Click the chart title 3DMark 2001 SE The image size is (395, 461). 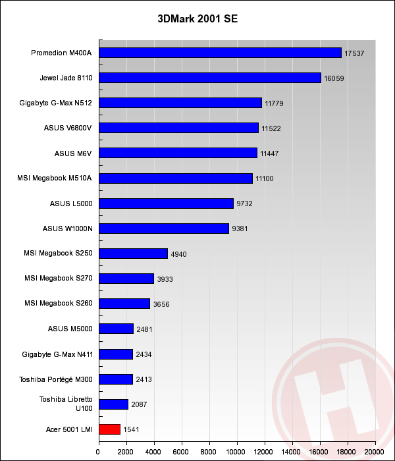click(197, 18)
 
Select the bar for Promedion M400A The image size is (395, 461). click(219, 53)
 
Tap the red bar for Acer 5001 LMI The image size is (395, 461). click(109, 429)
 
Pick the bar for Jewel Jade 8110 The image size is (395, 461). click(209, 78)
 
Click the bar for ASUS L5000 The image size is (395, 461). click(166, 203)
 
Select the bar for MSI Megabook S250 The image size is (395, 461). click(133, 254)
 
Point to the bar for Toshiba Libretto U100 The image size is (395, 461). click(113, 404)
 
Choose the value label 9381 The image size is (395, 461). click(242, 229)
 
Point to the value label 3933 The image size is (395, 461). click(166, 279)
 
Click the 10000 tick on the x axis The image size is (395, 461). click(236, 452)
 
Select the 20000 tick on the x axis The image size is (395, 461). click(375, 452)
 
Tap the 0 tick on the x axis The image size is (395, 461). click(98, 452)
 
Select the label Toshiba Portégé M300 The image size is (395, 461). click(57, 379)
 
